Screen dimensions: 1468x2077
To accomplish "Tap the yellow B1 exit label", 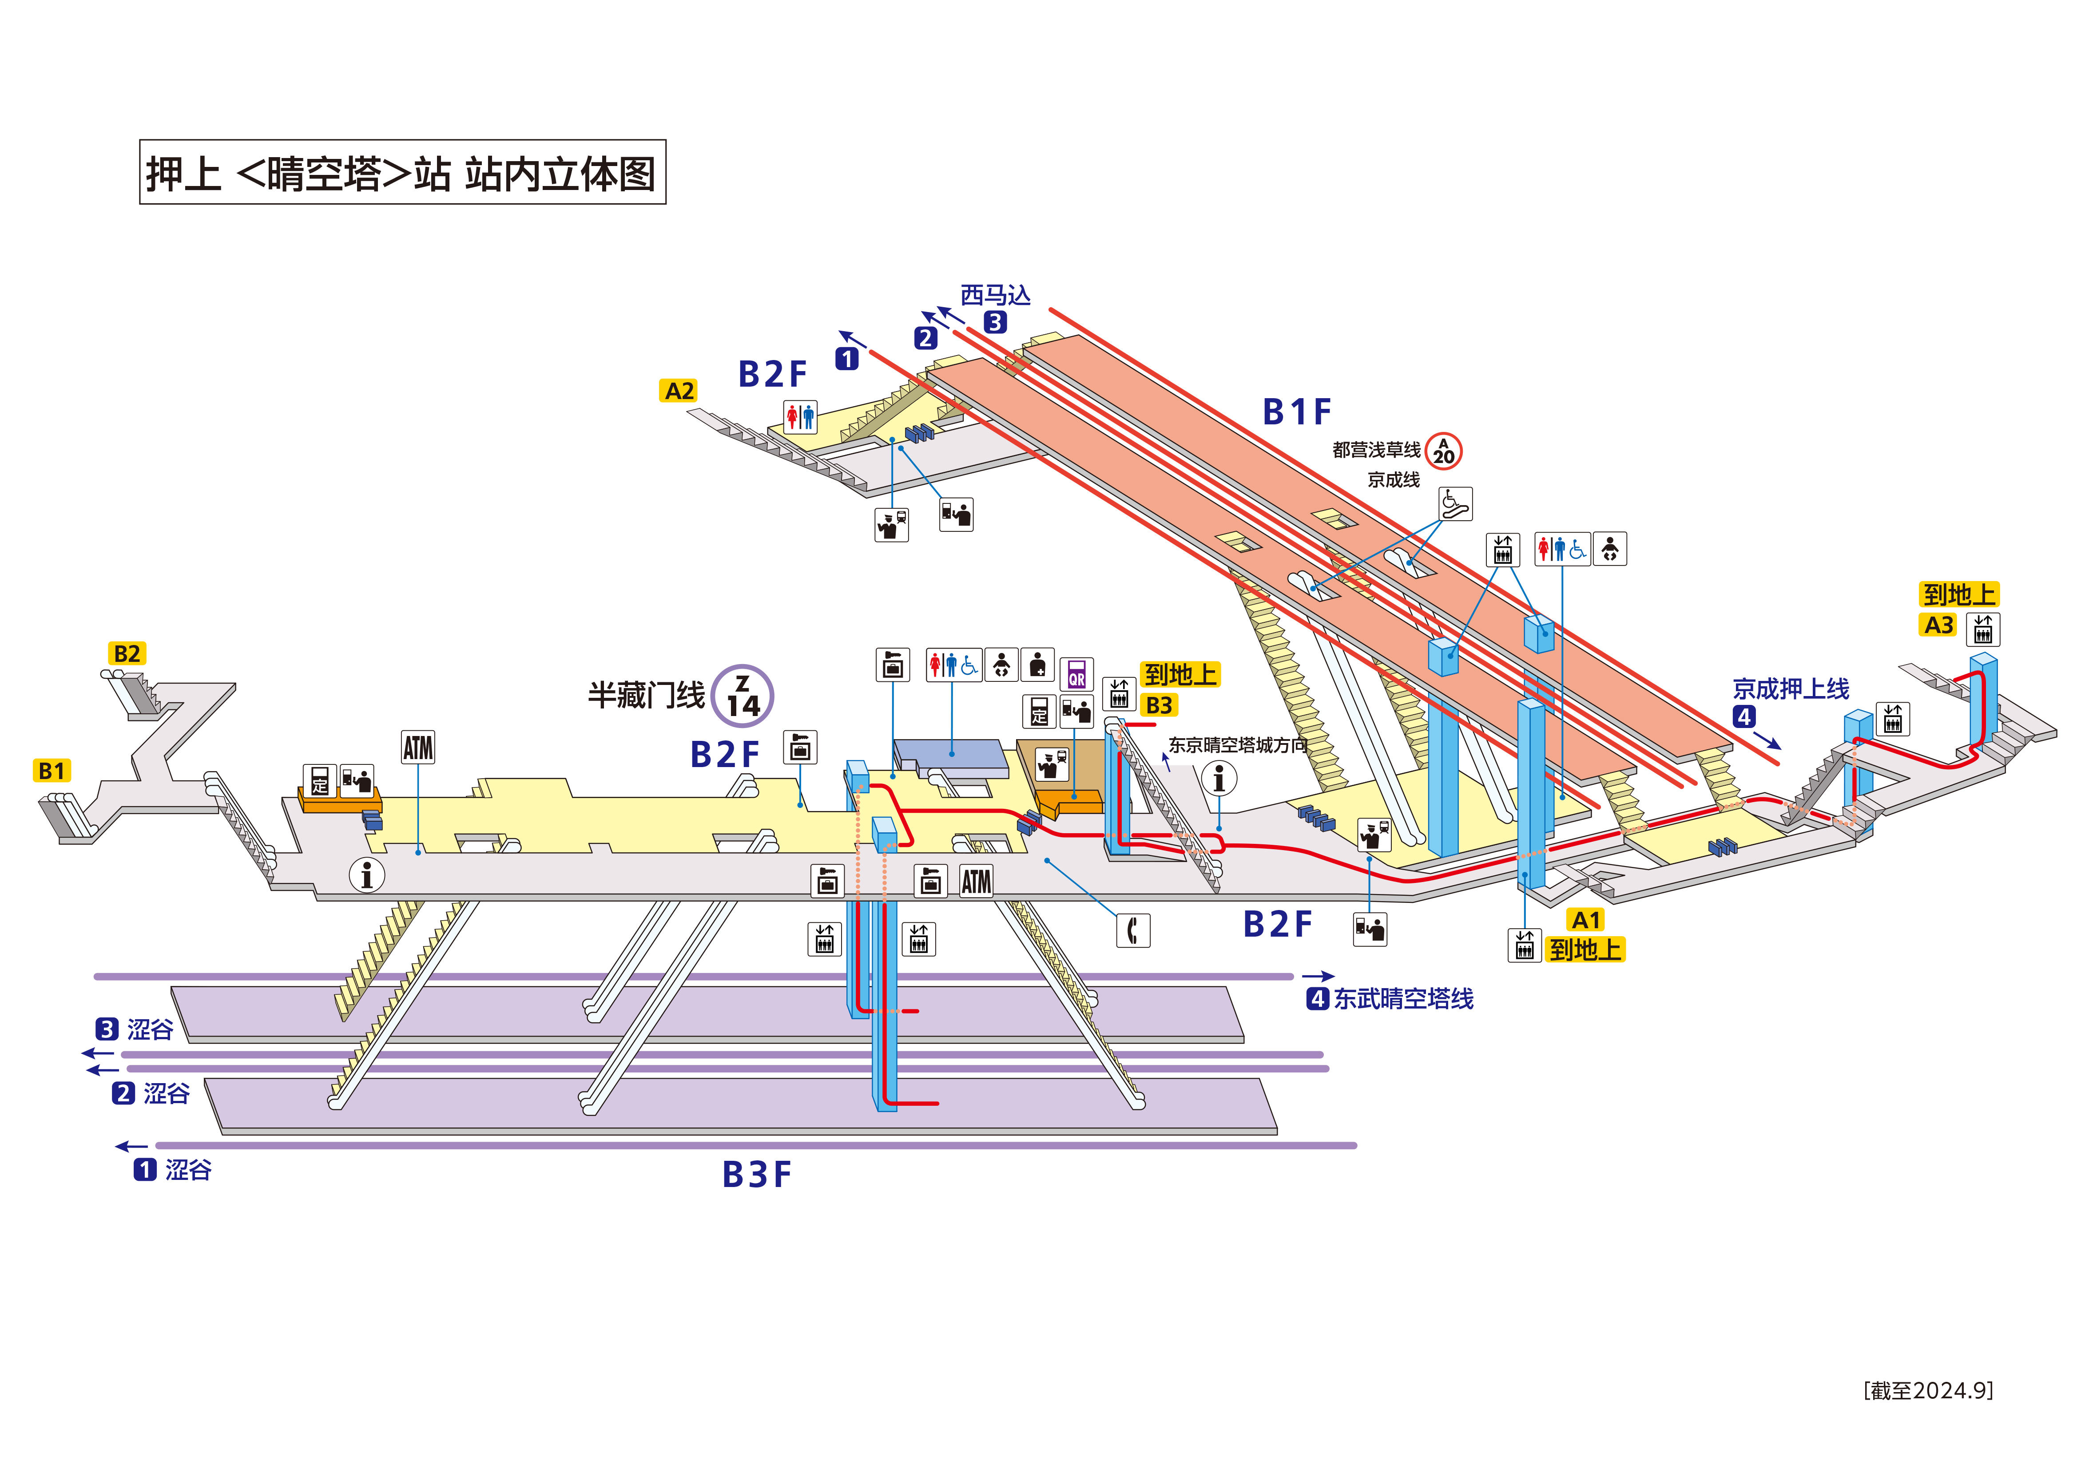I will (x=52, y=771).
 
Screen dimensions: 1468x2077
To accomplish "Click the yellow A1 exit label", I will (x=1586, y=920).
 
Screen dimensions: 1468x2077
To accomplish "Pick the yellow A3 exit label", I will (x=1938, y=625).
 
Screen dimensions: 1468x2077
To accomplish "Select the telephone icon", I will (x=1132, y=930).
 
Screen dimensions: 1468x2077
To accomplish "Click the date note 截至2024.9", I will (x=1928, y=1390).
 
